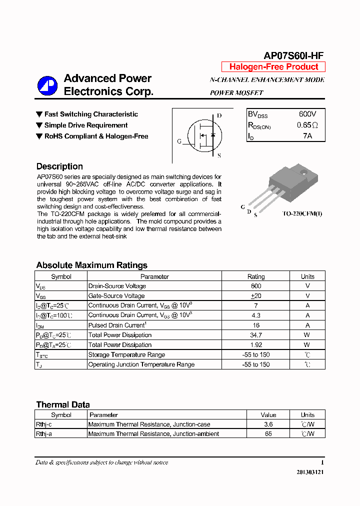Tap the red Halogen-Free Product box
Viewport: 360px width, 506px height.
[273, 67]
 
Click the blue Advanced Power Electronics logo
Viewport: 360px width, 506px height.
[47, 85]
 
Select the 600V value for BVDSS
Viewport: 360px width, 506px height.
[307, 114]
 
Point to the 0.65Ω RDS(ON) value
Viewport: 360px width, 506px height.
[307, 125]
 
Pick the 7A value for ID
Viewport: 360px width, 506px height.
[307, 136]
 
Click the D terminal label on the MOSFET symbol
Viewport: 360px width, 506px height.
[219, 115]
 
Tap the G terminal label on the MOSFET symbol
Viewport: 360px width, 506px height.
[179, 141]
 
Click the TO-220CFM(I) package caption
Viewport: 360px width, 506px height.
[302, 214]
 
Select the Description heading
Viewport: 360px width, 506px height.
[59, 166]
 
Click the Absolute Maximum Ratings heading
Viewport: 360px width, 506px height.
[91, 265]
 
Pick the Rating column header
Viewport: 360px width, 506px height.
[256, 276]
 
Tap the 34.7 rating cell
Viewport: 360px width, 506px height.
[256, 335]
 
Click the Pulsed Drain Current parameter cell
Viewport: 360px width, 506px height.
[116, 325]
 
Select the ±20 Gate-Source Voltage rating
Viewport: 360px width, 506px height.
[256, 296]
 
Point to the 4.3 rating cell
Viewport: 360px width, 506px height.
[256, 315]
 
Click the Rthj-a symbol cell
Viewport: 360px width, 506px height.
[44, 434]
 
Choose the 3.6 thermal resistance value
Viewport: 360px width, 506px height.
[268, 424]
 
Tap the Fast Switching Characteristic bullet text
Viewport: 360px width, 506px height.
[91, 114]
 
